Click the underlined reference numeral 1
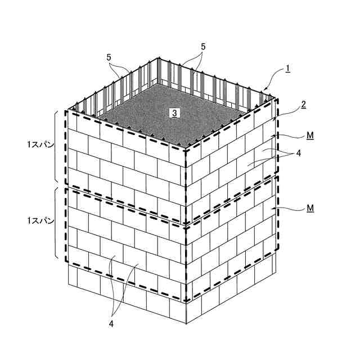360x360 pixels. coord(287,69)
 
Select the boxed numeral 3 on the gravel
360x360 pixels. coord(174,112)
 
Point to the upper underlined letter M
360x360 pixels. coord(310,136)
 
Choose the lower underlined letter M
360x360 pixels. coord(310,208)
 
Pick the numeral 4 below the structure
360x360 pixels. coord(111,323)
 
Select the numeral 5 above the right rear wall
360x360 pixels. coord(203,47)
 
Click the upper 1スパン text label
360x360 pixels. coord(40,145)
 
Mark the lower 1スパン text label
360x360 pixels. coord(40,220)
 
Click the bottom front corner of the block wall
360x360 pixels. coord(186,324)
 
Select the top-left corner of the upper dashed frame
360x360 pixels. coord(66,111)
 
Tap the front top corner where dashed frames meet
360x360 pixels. coord(186,149)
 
